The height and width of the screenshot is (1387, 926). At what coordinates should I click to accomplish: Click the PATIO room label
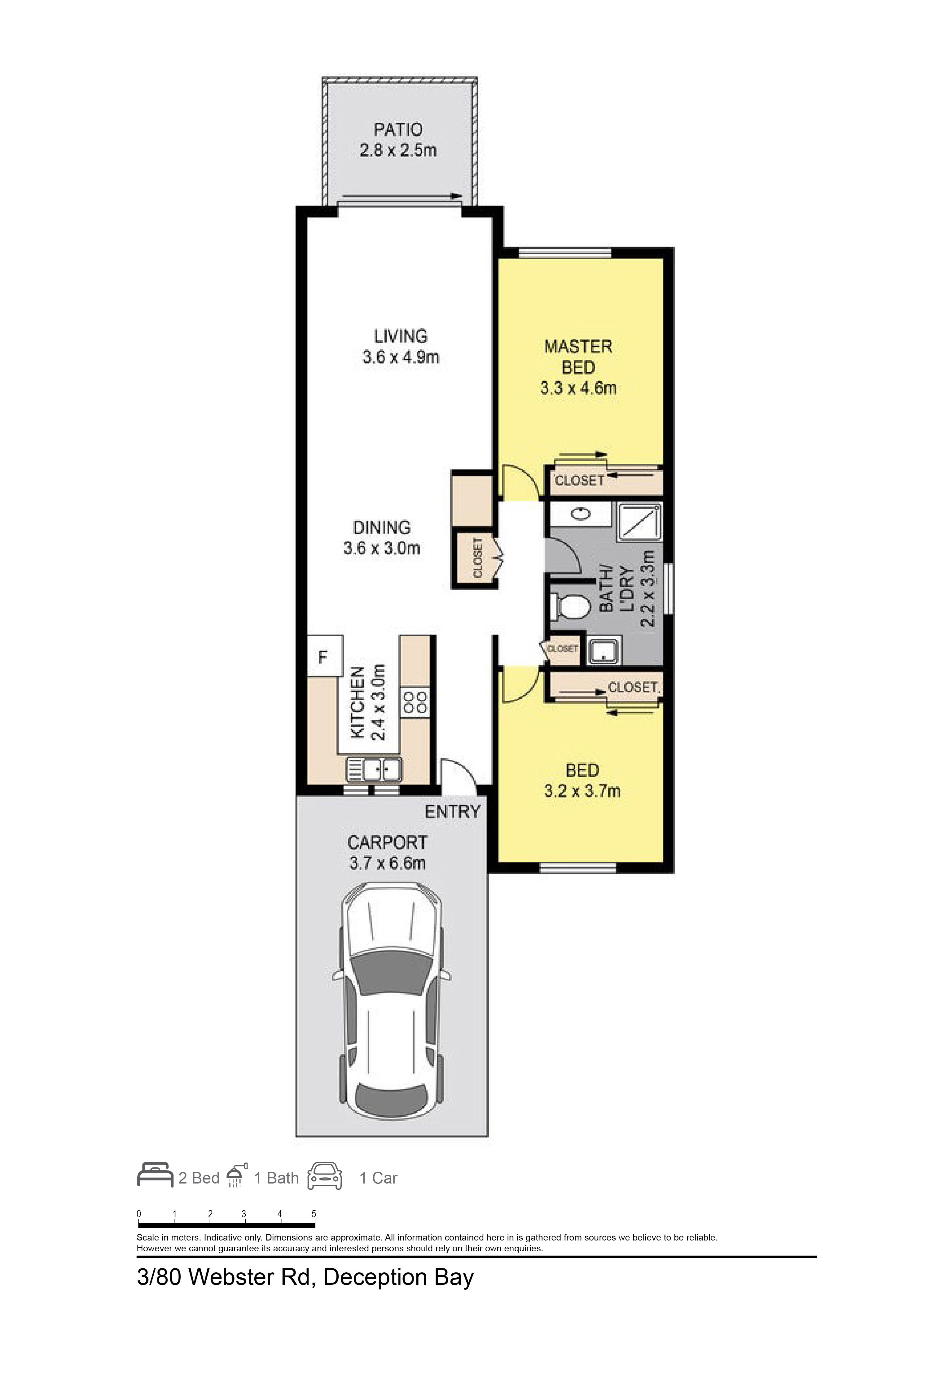tap(398, 129)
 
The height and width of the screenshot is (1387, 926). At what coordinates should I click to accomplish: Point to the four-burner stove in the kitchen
tap(415, 703)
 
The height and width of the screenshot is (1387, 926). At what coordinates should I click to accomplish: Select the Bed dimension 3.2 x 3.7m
tap(582, 791)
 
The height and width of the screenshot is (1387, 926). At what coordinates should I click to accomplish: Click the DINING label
tap(381, 527)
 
